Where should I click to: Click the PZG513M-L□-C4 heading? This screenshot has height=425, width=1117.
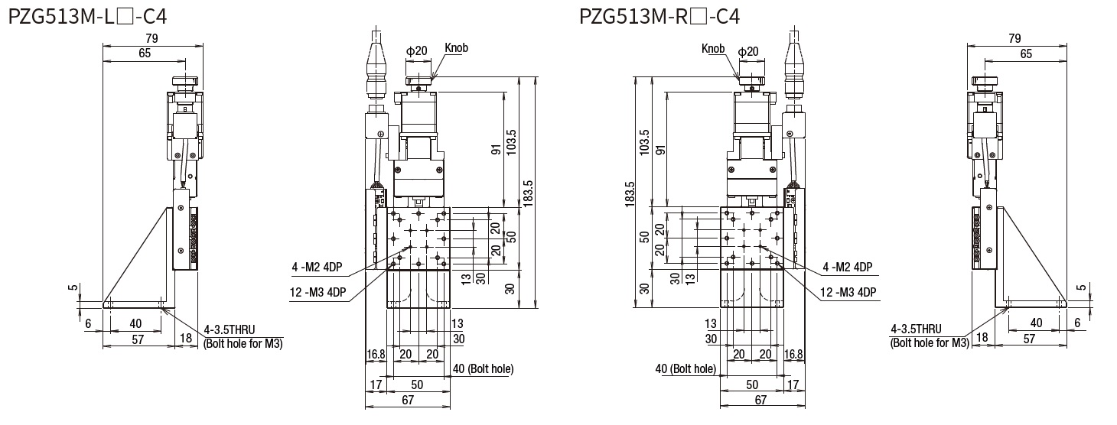87,16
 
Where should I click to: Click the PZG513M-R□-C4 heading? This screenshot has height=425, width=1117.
659,16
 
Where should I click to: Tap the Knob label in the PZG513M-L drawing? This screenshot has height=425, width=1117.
456,48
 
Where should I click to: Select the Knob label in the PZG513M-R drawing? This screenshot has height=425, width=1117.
712,50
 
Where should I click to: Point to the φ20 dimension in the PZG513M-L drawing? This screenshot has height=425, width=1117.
416,51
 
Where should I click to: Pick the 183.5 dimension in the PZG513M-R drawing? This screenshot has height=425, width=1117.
630,193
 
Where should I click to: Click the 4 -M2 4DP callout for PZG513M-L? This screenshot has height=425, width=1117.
316,267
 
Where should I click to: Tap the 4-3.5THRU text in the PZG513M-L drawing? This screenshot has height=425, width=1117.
230,330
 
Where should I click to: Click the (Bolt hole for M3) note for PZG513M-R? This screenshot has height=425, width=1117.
930,343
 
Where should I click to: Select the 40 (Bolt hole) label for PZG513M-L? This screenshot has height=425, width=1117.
483,368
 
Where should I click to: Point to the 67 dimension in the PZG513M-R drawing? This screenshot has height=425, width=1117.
760,400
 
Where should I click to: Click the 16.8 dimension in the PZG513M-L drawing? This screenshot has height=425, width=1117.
376,354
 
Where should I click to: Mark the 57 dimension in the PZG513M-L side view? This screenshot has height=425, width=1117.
138,339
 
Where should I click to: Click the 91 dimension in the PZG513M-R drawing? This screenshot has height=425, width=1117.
659,148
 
